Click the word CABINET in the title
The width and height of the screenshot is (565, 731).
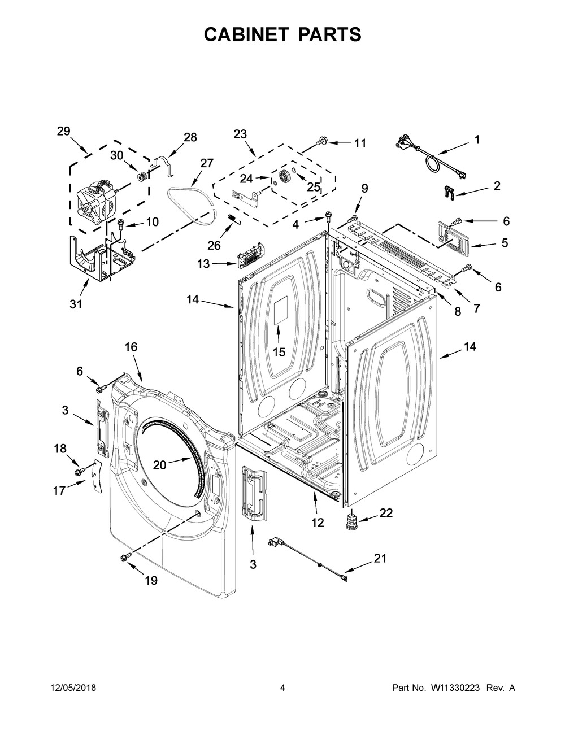click(246, 34)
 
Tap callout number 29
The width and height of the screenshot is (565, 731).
click(63, 131)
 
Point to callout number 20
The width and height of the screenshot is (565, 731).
click(160, 465)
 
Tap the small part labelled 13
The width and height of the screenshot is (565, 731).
click(250, 255)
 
